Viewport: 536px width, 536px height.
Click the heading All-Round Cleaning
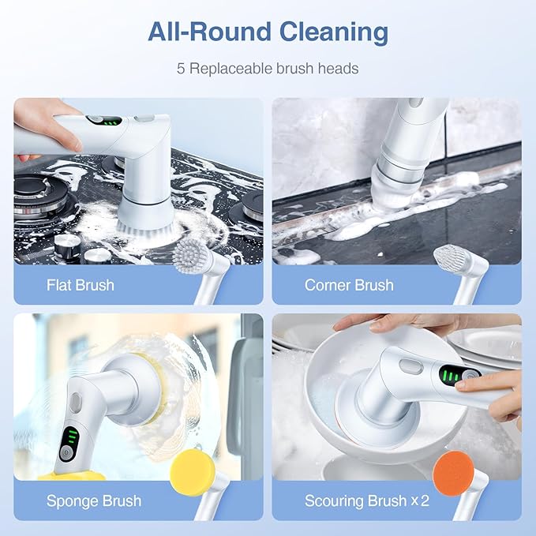pyautogui.click(x=268, y=32)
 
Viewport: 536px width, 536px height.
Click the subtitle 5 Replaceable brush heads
pyautogui.click(x=268, y=69)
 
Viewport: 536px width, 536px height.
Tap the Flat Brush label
pyautogui.click(x=80, y=285)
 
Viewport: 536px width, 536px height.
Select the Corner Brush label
pyautogui.click(x=349, y=285)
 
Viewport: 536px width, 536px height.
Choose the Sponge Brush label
pyautogui.click(x=94, y=500)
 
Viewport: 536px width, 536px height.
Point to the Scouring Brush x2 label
pyautogui.click(x=367, y=500)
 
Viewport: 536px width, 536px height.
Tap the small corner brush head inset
pyautogui.click(x=451, y=257)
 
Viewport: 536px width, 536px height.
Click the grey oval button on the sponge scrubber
pyautogui.click(x=76, y=403)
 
